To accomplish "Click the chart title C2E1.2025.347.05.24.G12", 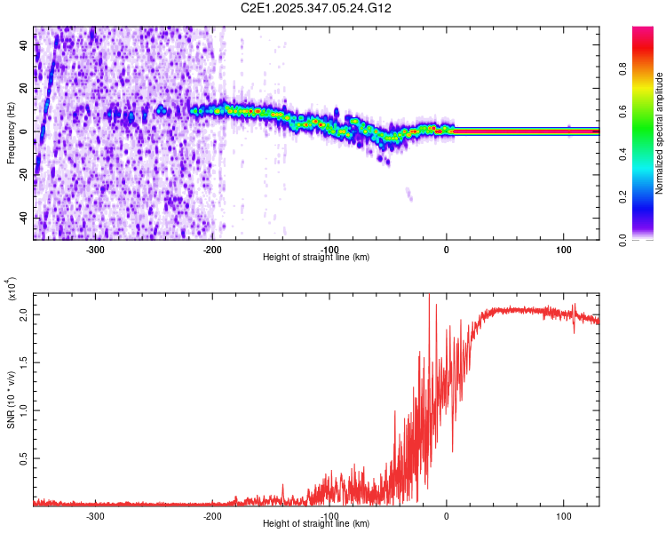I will coord(329,8).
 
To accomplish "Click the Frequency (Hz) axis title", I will coord(11,132).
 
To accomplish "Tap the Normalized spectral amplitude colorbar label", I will coord(659,133).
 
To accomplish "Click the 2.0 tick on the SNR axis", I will coord(24,314).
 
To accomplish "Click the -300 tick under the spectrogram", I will coord(96,249).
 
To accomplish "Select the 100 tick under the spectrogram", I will coord(563,249).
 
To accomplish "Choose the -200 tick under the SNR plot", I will coord(212,515).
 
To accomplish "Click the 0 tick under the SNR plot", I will coord(447,515).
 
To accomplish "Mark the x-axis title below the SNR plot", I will coord(316,525).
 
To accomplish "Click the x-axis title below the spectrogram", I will coord(316,258).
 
